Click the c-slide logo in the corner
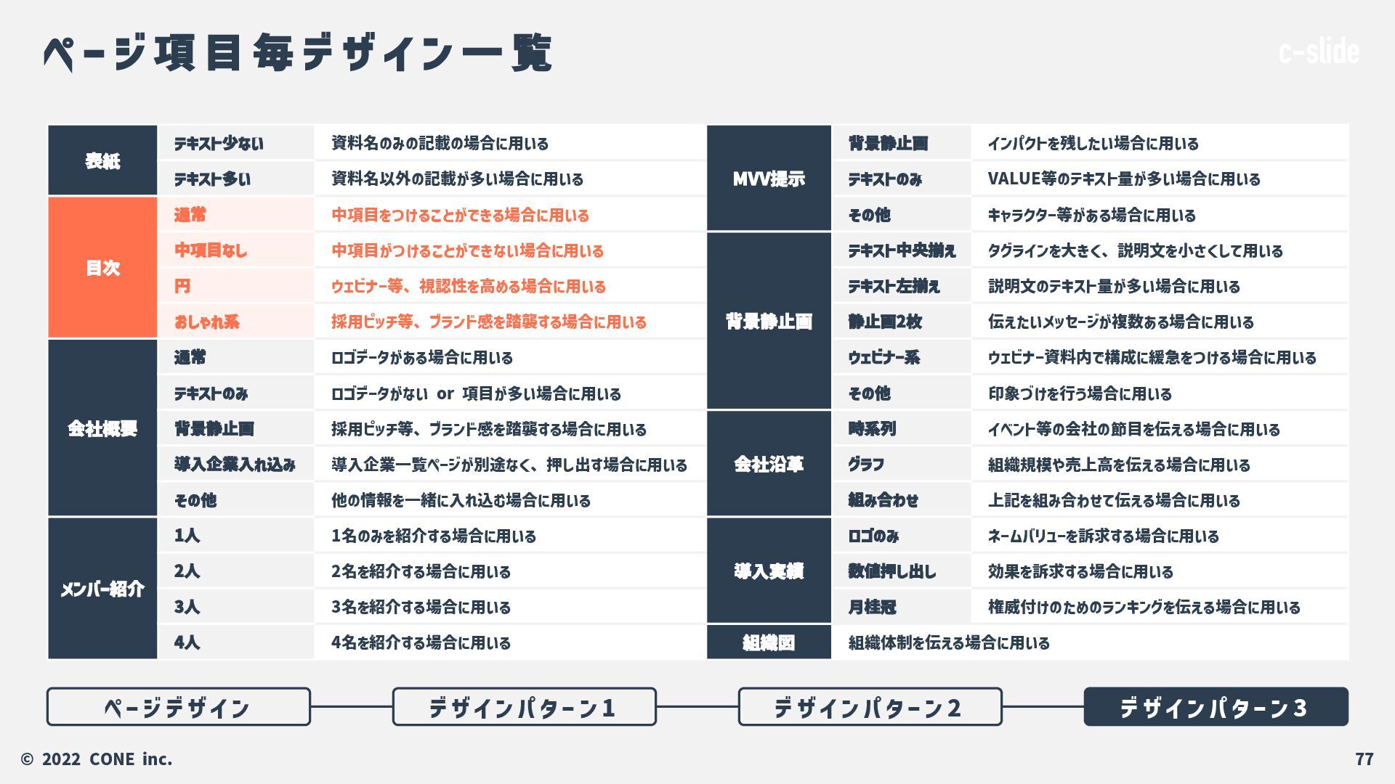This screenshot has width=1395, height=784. coord(1319,52)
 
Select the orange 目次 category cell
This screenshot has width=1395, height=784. coord(102,268)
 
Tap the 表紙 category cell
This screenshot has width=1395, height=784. coord(102,160)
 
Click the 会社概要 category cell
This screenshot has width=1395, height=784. coord(102,428)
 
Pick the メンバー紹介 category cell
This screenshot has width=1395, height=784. coord(102,589)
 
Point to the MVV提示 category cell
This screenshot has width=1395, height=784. coord(769,179)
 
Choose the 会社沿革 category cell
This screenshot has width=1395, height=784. coord(769,464)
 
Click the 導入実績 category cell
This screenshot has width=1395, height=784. coord(769,571)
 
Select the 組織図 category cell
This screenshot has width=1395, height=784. coord(769,642)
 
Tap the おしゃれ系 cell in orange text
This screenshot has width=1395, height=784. coord(207,322)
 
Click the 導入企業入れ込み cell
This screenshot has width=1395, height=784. coord(235,465)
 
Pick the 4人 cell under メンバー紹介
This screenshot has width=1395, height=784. coord(187,642)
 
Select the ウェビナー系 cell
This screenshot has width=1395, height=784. coord(884,357)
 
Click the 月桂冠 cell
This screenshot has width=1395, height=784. coord(872,607)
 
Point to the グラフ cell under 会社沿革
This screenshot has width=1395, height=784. coord(866,465)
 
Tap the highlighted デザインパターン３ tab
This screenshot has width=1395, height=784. coord(1216,707)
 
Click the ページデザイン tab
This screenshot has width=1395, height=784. coord(178,707)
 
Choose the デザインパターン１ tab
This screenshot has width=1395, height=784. coord(524,707)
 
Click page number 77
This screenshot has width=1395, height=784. coord(1364,759)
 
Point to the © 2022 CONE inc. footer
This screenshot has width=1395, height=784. coord(97,759)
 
